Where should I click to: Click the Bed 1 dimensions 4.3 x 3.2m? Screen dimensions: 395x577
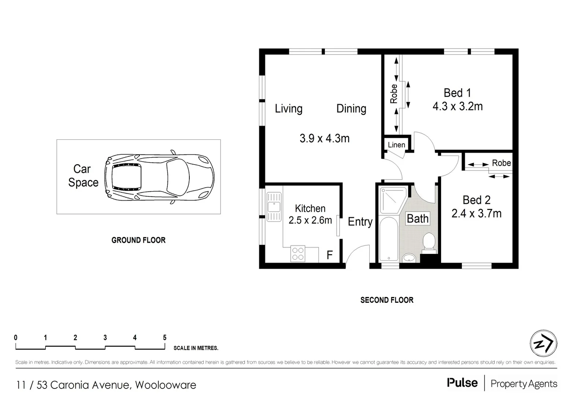tap(457, 106)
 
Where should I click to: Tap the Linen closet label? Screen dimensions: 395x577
tap(396, 145)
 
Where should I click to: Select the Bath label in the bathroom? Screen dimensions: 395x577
tap(417, 219)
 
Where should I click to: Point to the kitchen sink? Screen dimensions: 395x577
tap(274, 207)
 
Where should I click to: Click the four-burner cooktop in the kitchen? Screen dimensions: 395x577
tap(298, 254)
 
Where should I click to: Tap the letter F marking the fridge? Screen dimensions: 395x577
tap(329, 255)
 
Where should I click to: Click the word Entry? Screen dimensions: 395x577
tap(360, 222)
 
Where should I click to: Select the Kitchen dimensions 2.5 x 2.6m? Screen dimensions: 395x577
tap(310, 220)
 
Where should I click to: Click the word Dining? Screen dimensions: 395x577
tap(351, 109)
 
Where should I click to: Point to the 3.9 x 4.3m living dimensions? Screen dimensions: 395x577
tap(324, 138)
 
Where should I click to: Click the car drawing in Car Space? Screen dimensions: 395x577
tap(159, 177)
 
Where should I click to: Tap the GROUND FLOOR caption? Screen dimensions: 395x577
tap(138, 240)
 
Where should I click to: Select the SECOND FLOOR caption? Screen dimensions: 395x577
tap(387, 300)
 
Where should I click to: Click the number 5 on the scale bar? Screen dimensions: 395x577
tap(164, 338)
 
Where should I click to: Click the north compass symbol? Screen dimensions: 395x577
tap(543, 344)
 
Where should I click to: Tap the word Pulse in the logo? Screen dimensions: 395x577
tap(462, 383)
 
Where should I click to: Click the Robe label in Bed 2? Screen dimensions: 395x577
tap(501, 163)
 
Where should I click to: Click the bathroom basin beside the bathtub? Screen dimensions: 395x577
tap(409, 258)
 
